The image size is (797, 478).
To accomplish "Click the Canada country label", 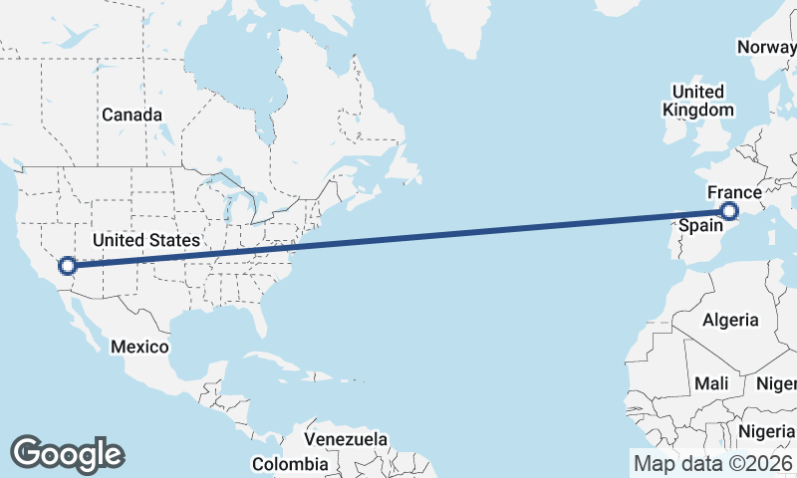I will pyautogui.click(x=132, y=116).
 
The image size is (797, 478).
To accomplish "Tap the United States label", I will pyautogui.click(x=146, y=241).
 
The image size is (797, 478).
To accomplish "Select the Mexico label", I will pyautogui.click(x=139, y=348).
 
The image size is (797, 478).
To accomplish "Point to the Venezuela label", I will pyautogui.click(x=346, y=439).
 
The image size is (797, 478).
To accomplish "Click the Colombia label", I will pyautogui.click(x=289, y=464).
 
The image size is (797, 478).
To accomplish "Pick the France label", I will pyautogui.click(x=734, y=192).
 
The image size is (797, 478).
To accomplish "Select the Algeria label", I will pyautogui.click(x=730, y=321).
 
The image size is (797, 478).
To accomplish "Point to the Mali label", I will pyautogui.click(x=711, y=383).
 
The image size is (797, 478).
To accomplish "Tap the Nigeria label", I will pyautogui.click(x=765, y=432).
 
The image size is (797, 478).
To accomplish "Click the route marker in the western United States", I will pyautogui.click(x=68, y=266).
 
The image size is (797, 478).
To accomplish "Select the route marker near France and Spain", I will pyautogui.click(x=730, y=211).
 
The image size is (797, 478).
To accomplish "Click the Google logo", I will pyautogui.click(x=67, y=453).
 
